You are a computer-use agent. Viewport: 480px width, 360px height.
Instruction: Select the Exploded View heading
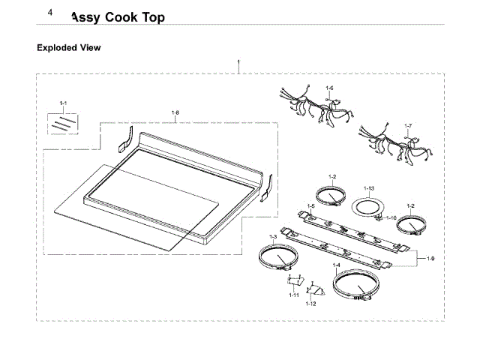tap(69, 47)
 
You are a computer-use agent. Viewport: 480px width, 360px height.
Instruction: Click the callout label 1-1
tap(63, 102)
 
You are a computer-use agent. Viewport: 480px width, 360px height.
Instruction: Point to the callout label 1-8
tap(175, 113)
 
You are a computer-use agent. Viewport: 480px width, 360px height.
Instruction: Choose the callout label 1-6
tap(329, 88)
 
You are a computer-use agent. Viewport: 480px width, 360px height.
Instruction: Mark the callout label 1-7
tap(408, 125)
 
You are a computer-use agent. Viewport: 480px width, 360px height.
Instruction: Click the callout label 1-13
tap(368, 187)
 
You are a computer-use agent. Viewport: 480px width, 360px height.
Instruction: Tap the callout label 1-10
tap(391, 217)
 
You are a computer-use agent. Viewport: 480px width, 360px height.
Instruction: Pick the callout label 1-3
tap(273, 237)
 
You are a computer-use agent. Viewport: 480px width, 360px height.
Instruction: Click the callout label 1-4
tap(337, 265)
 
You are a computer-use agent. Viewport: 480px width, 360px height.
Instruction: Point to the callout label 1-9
tap(430, 259)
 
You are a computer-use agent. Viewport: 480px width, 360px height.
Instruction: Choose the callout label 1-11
tap(292, 295)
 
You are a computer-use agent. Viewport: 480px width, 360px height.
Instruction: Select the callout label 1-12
tap(310, 304)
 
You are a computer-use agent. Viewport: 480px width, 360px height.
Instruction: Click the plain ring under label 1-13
tap(367, 205)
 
